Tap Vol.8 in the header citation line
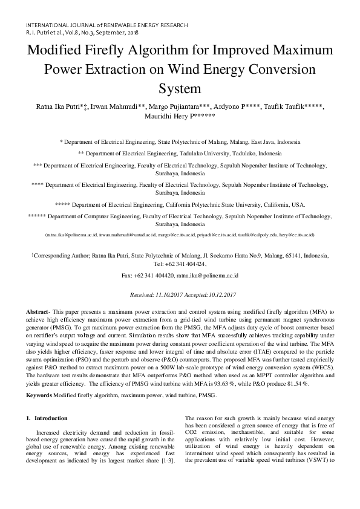click(68, 34)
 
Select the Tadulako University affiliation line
click(180, 154)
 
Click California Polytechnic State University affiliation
click(180, 204)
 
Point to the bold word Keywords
click(38, 378)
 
